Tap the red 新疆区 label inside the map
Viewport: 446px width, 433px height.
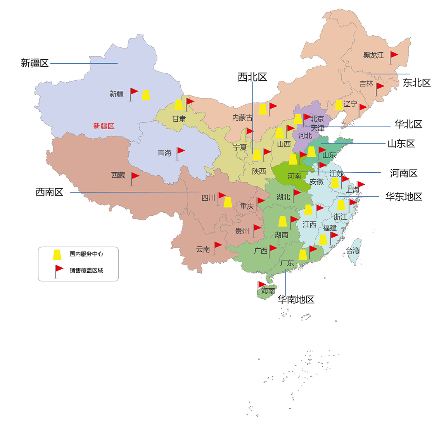[x=104, y=126]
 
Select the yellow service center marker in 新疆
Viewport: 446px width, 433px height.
[x=146, y=95]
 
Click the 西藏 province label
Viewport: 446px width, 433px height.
[x=118, y=175]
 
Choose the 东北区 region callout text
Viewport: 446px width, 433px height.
[x=417, y=83]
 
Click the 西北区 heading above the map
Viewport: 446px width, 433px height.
[x=252, y=77]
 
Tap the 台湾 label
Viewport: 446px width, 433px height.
[x=353, y=251]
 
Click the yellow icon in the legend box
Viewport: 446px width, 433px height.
[x=57, y=255]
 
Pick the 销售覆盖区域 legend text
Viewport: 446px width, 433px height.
[x=86, y=270]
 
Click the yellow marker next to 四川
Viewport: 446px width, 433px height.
[x=228, y=202]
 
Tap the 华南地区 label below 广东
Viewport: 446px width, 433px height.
[x=296, y=299]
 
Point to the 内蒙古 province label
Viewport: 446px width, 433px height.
[x=242, y=118]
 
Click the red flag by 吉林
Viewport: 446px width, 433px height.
[x=380, y=87]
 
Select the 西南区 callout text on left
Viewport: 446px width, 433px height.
[x=49, y=192]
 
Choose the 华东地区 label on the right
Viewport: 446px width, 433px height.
[x=403, y=197]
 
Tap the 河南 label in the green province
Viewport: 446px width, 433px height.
[x=294, y=176]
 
